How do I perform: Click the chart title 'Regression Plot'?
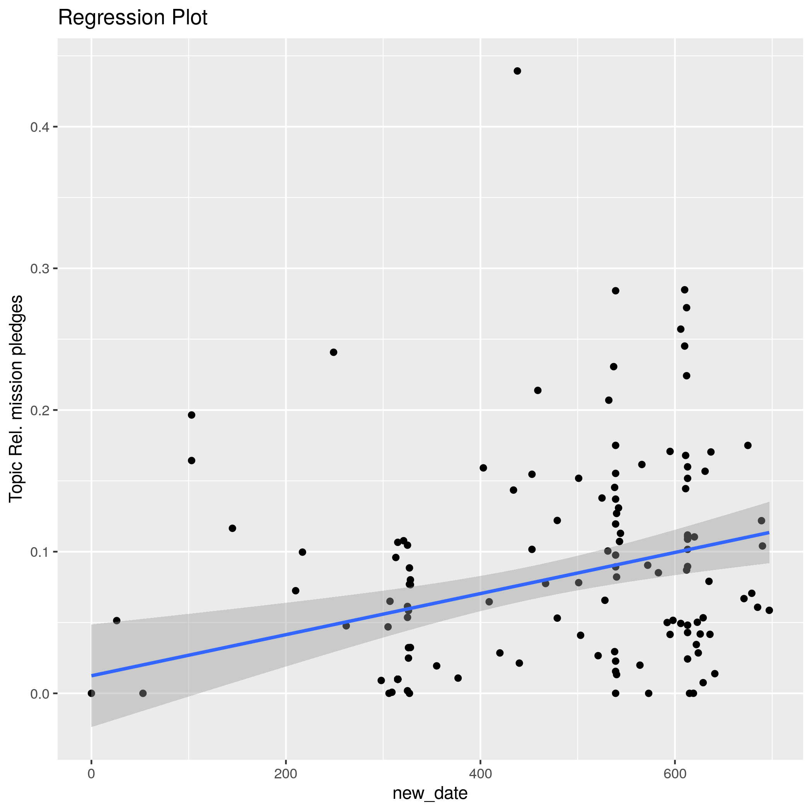pos(132,18)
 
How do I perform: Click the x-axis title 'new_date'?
pos(430,793)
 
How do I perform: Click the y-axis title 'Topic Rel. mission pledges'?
pos(16,398)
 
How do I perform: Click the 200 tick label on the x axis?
pos(286,774)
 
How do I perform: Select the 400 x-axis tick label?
pos(480,774)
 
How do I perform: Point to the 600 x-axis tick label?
pos(675,774)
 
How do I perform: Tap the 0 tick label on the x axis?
pos(91,774)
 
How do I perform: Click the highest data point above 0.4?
pos(517,71)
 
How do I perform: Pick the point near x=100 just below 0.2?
pos(192,415)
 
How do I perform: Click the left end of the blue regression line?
pos(92,676)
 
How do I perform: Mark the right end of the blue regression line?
pos(769,532)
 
